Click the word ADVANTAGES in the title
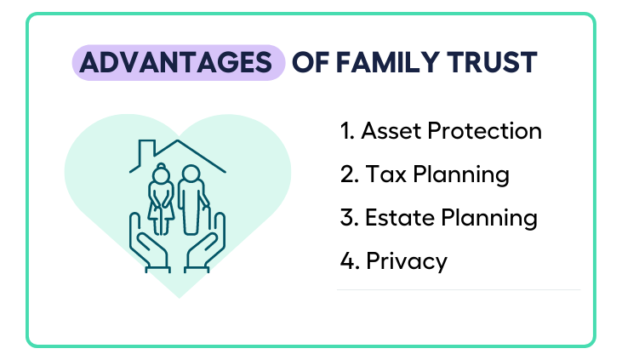click(176, 63)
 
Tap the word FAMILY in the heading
click(387, 63)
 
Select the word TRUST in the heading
click(492, 63)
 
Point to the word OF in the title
click(311, 63)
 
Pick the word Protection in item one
click(485, 131)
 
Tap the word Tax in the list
click(386, 174)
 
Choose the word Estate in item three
click(399, 218)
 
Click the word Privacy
click(407, 262)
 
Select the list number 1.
click(347, 131)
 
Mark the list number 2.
click(350, 174)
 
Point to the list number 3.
click(350, 218)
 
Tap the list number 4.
click(350, 260)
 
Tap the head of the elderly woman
click(161, 173)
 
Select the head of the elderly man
click(191, 174)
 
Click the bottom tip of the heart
click(179, 298)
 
